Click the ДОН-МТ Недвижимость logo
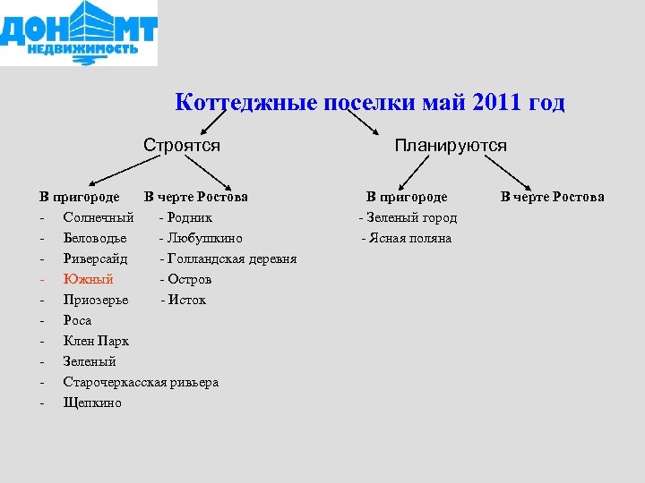(79, 33)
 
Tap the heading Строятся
(182, 145)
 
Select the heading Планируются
(451, 145)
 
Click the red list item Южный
(88, 279)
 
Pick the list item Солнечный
(99, 217)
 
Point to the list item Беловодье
(95, 238)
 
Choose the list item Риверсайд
(95, 258)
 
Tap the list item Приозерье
(96, 300)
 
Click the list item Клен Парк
(96, 341)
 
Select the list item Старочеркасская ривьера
(141, 382)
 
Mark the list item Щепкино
(92, 402)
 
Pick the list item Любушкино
(204, 238)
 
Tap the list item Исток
(186, 300)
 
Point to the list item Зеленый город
(410, 217)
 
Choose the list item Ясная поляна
(409, 238)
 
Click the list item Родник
(189, 217)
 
